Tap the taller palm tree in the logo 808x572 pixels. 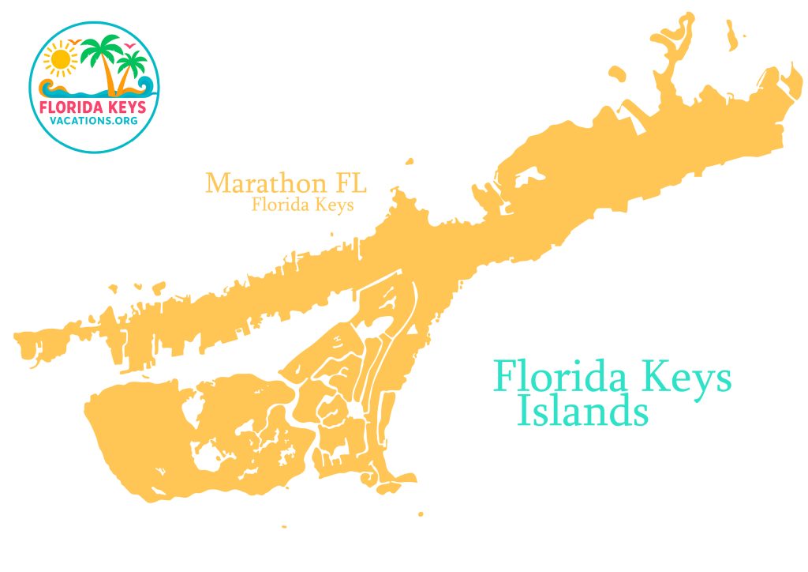click(x=100, y=60)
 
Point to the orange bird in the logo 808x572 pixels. click(x=74, y=42)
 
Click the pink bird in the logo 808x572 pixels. click(x=129, y=46)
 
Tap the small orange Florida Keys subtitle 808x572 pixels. click(x=301, y=205)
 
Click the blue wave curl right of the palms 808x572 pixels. click(x=144, y=83)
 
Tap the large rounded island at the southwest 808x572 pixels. click(x=142, y=438)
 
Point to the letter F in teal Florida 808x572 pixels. click(x=506, y=376)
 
